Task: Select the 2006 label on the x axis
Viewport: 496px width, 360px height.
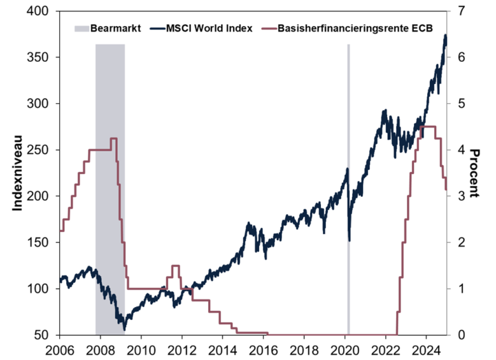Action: coord(60,349)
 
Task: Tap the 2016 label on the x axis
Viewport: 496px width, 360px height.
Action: coord(264,349)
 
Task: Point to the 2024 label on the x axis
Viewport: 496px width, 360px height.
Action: coord(426,349)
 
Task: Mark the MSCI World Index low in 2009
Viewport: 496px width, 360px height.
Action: coord(124,329)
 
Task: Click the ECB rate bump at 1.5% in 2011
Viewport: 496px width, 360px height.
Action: coord(175,266)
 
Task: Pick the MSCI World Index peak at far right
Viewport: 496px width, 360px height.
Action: coord(445,35)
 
